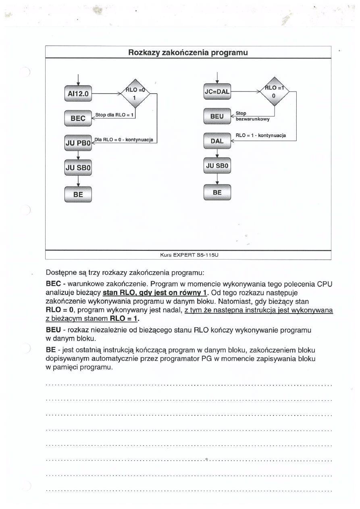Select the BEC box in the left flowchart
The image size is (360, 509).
[78, 118]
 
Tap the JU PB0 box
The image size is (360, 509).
[78, 143]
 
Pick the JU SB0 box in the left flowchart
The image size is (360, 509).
[78, 167]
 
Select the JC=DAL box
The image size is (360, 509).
[217, 92]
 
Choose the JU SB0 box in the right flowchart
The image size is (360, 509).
[217, 165]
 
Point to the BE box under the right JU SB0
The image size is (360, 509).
[217, 192]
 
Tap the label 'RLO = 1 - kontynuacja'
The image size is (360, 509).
[260, 136]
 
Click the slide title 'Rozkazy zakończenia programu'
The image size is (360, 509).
[187, 52]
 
